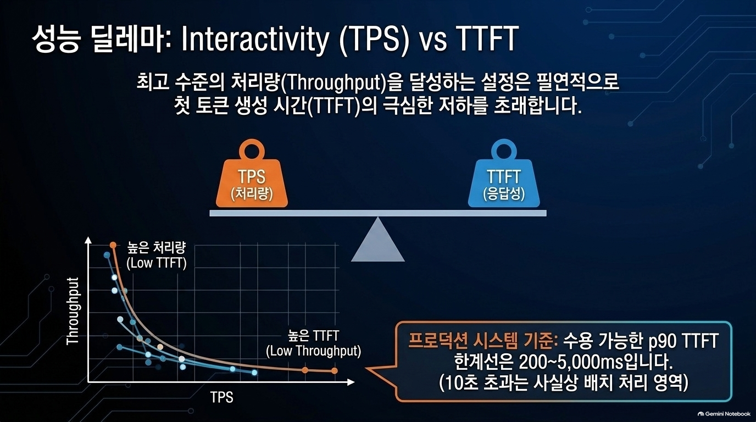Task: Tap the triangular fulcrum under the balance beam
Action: (377, 240)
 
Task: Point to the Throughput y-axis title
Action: (73, 311)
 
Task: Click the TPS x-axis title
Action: (222, 397)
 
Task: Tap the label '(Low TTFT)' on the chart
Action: (156, 263)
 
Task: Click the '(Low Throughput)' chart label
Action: (314, 351)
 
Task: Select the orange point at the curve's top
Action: (113, 245)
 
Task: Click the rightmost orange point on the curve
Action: (335, 371)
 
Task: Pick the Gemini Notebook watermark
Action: (724, 414)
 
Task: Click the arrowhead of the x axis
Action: (351, 382)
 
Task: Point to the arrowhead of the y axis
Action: (88, 240)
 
